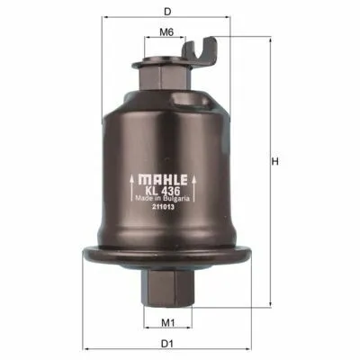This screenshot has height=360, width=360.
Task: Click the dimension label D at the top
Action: pyautogui.click(x=167, y=12)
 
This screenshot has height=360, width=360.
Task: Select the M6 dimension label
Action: pyautogui.click(x=166, y=32)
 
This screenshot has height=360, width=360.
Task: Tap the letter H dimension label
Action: pyautogui.click(x=274, y=162)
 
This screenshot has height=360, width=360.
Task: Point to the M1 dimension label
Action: pyautogui.click(x=168, y=323)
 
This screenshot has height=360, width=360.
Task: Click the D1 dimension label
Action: pyautogui.click(x=167, y=344)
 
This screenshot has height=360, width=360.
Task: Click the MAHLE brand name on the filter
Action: pyautogui.click(x=163, y=179)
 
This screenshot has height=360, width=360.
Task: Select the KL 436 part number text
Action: pyautogui.click(x=163, y=191)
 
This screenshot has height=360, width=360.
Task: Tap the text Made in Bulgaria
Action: pyautogui.click(x=162, y=199)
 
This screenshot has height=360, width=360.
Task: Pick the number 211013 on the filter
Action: pyautogui.click(x=163, y=207)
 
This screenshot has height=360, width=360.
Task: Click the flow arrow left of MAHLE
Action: pyautogui.click(x=131, y=188)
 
